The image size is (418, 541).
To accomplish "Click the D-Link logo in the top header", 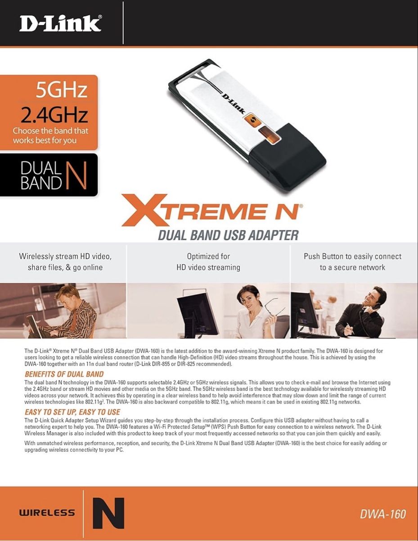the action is (60, 23).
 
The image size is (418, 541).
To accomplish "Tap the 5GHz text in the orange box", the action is (61, 90).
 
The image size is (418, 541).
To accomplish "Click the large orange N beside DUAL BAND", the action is (76, 175).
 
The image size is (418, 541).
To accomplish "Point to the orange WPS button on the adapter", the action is (252, 120).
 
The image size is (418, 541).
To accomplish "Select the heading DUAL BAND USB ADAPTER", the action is (228, 235).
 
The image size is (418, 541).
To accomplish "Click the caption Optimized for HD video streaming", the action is (208, 261).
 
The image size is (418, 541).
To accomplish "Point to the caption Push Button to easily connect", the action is (352, 256).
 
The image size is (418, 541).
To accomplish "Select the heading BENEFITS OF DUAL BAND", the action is (64, 374).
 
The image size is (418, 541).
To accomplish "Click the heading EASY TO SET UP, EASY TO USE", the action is (72, 412).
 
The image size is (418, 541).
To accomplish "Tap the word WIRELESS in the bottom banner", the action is (47, 512).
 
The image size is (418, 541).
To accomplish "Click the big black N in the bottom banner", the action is (108, 513).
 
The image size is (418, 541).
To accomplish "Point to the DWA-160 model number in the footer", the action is (383, 514).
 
